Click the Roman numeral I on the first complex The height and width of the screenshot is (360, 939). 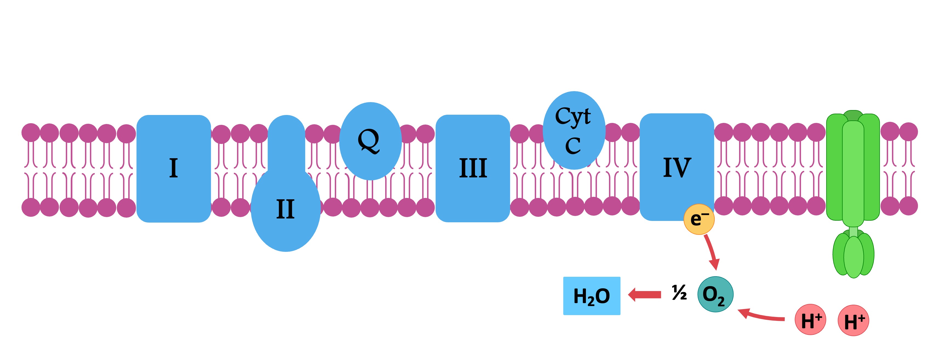click(173, 168)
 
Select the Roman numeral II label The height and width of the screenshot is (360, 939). click(285, 209)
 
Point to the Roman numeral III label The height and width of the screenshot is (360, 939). click(473, 168)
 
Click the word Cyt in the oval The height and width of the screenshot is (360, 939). click(573, 117)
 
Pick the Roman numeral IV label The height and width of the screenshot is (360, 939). click(677, 168)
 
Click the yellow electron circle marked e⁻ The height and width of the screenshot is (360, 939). click(699, 219)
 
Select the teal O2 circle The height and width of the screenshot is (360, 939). click(715, 294)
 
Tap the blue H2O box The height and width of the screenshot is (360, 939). click(592, 296)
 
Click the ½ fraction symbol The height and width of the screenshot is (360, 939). click(679, 293)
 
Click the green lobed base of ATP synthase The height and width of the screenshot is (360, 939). click(853, 255)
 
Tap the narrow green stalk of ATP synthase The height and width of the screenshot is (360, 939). click(853, 232)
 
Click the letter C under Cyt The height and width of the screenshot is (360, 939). click(573, 146)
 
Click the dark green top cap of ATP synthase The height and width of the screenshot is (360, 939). click(853, 114)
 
